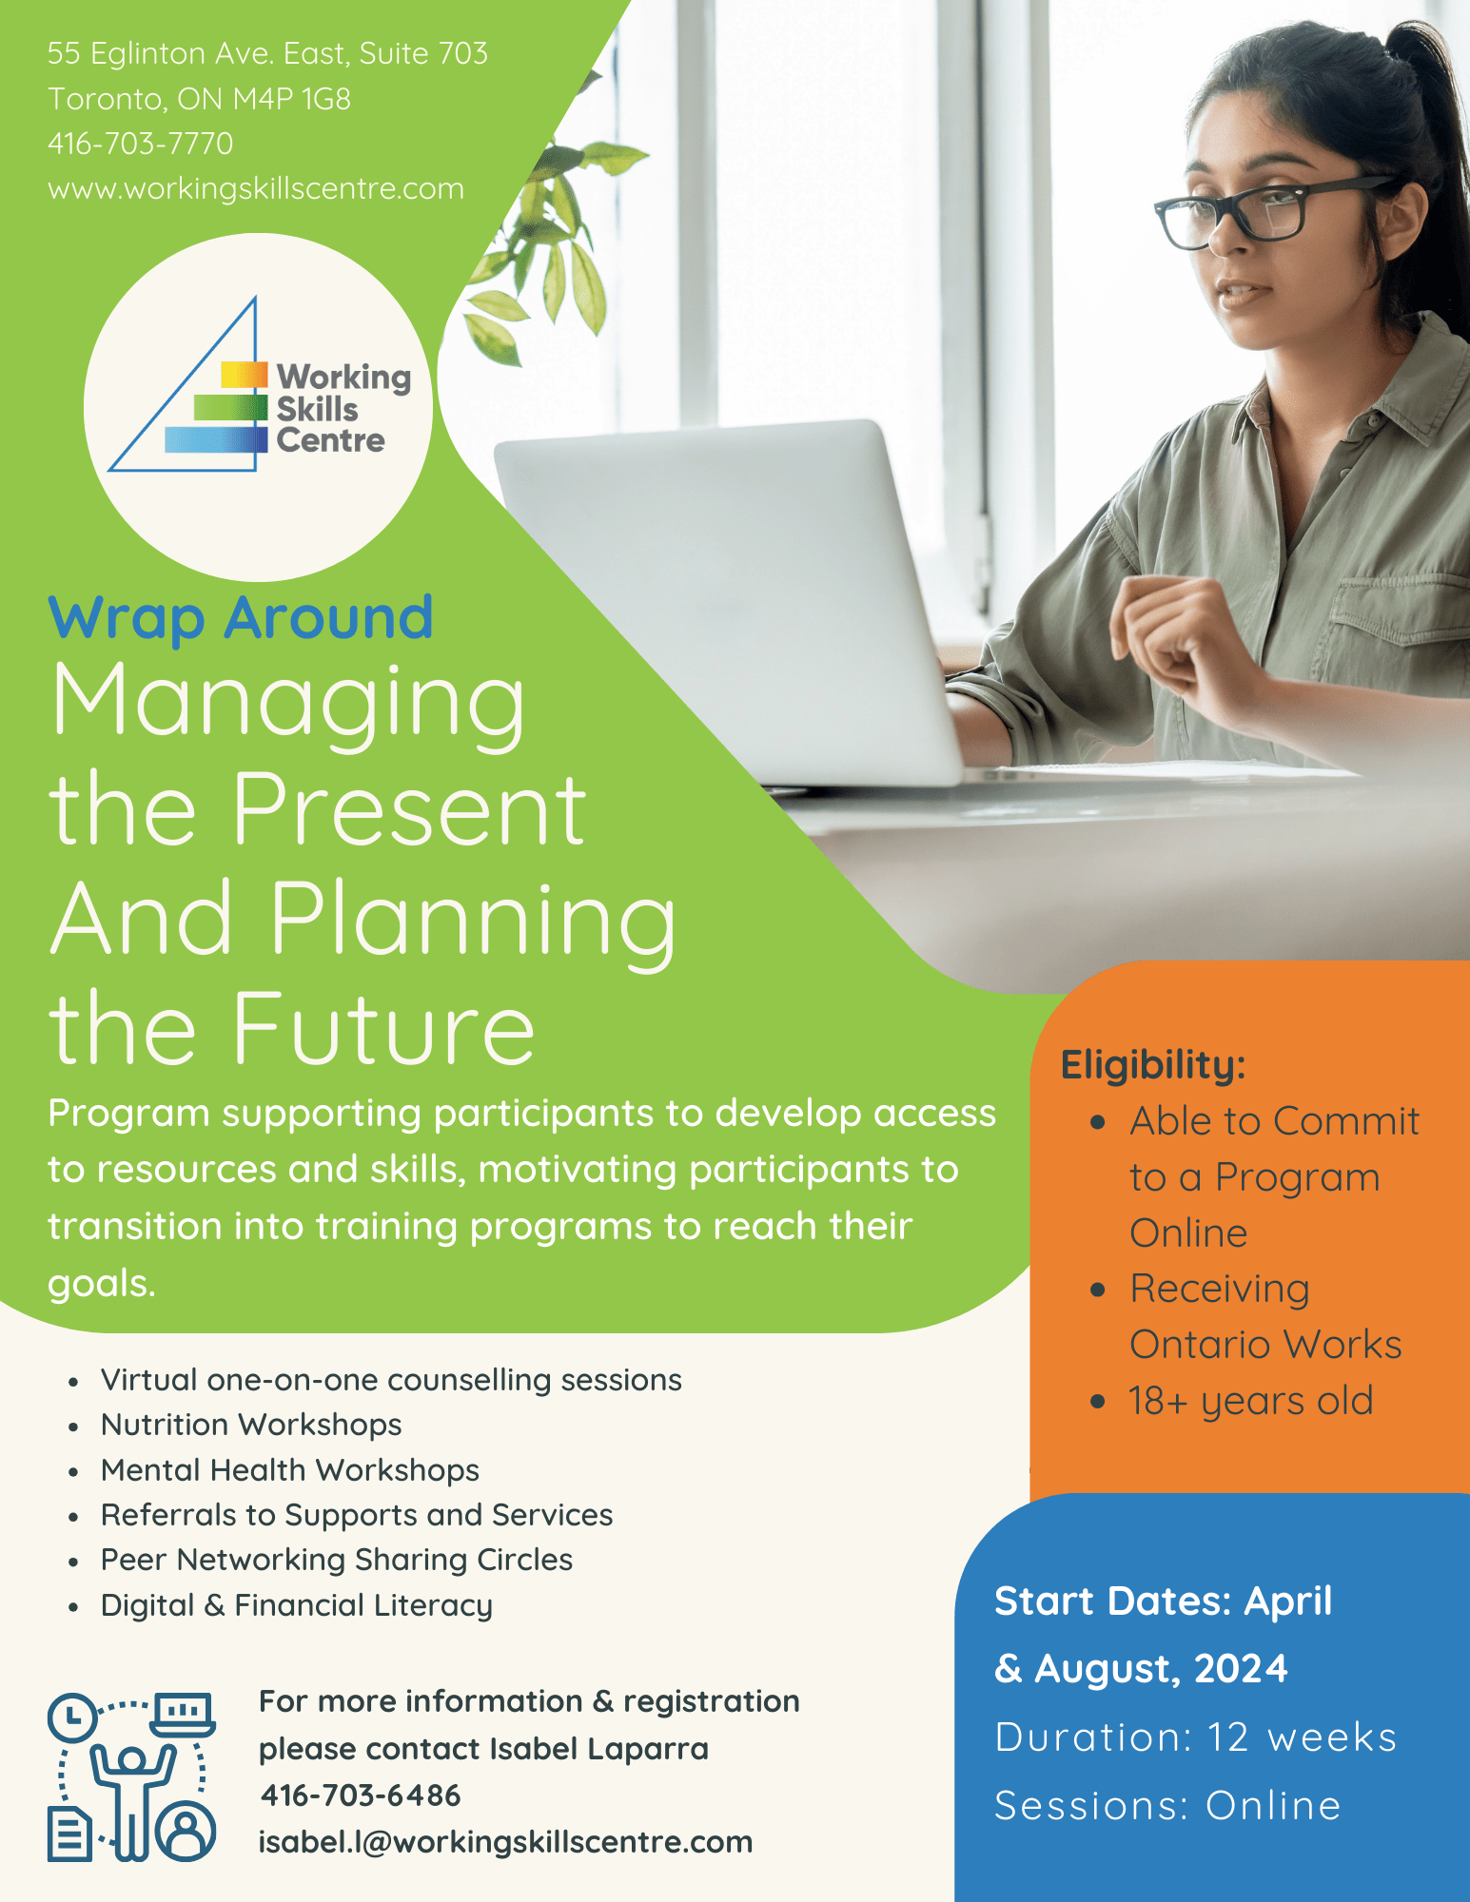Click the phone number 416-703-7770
140,144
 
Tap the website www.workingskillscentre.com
256,188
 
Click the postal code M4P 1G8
292,99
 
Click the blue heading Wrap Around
241,618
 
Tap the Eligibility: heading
1153,1064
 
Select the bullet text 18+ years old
1250,1401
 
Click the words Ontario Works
1265,1345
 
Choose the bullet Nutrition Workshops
251,1425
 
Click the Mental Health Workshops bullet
290,1470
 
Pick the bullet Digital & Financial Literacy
297,1605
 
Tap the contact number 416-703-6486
360,1795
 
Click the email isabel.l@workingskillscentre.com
505,1842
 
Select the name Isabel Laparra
599,1749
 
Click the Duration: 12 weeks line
1195,1737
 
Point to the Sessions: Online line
1167,1806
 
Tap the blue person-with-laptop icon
131,1776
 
